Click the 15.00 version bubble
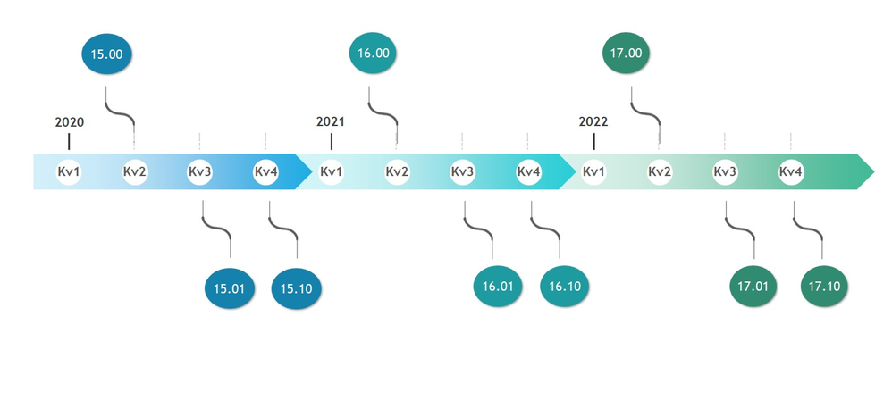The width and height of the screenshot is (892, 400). tap(106, 54)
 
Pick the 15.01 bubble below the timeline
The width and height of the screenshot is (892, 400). tap(230, 288)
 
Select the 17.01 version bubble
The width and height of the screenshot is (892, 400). tap(753, 287)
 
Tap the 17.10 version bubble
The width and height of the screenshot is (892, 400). tap(823, 287)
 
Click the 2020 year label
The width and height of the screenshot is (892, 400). tap(69, 122)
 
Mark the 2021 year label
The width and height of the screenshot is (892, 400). tap(331, 122)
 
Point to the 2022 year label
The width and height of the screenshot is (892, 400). tap(593, 122)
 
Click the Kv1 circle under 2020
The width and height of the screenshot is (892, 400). tap(69, 171)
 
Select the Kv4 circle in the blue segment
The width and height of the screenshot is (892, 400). tap(265, 171)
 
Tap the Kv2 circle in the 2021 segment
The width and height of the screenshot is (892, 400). tap(397, 171)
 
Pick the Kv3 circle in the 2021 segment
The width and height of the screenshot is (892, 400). tap(462, 171)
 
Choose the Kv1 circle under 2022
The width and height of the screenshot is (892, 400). tap(593, 171)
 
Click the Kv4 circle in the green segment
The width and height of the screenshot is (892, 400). tap(790, 171)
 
